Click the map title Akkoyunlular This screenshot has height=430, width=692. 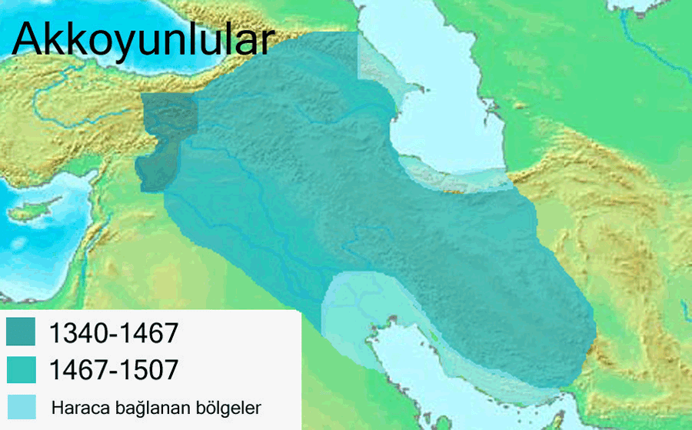click(142, 40)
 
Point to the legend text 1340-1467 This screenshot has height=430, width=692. click(114, 333)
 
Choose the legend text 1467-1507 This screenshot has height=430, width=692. click(114, 370)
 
